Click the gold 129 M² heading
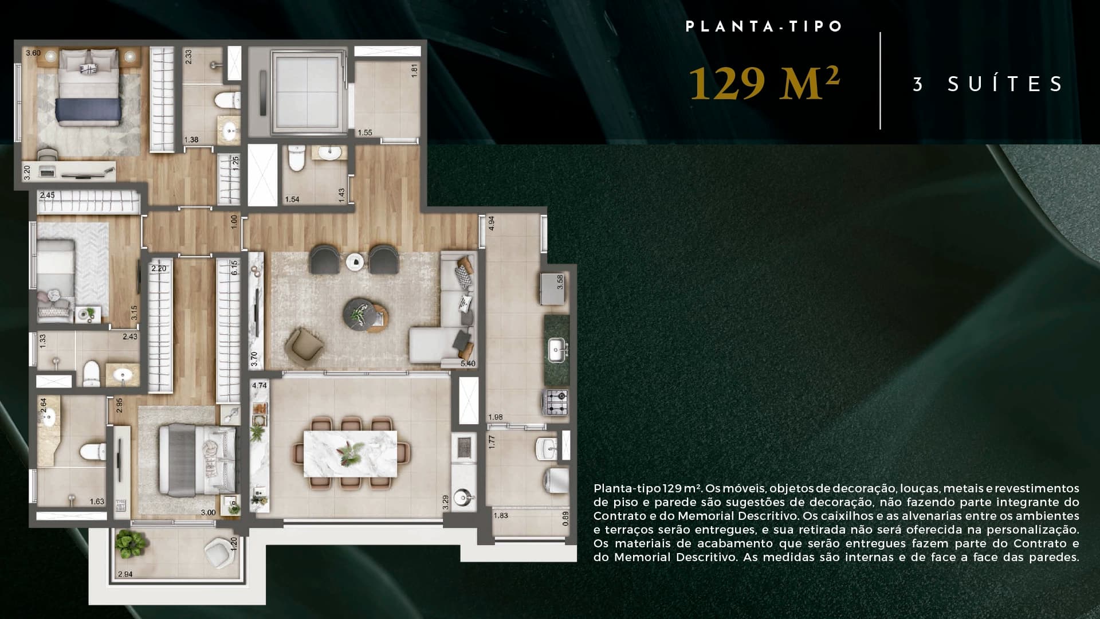click(764, 84)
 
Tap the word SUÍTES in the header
click(1005, 84)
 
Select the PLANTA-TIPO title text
click(764, 26)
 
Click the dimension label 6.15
click(234, 268)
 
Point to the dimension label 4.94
click(491, 224)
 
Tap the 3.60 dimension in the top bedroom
click(33, 53)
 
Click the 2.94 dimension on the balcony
click(125, 574)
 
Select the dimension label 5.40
click(467, 363)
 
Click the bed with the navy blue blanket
click(89, 95)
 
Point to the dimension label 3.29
click(446, 503)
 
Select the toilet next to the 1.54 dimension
click(296, 159)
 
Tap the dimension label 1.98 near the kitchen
click(496, 417)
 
